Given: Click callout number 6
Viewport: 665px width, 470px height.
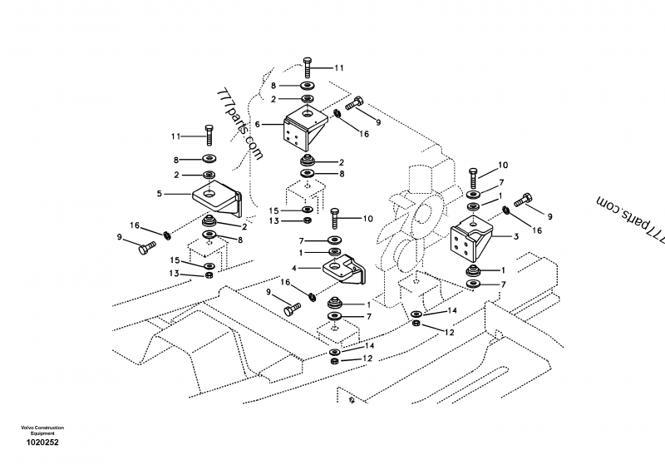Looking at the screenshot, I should (259, 123).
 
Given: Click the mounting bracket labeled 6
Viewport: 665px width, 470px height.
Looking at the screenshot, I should (304, 128).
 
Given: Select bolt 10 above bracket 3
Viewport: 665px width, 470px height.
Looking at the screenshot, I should (472, 176).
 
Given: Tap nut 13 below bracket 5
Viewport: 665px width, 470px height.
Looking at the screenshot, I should (209, 275).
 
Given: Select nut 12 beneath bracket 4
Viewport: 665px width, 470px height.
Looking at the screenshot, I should (333, 359).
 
